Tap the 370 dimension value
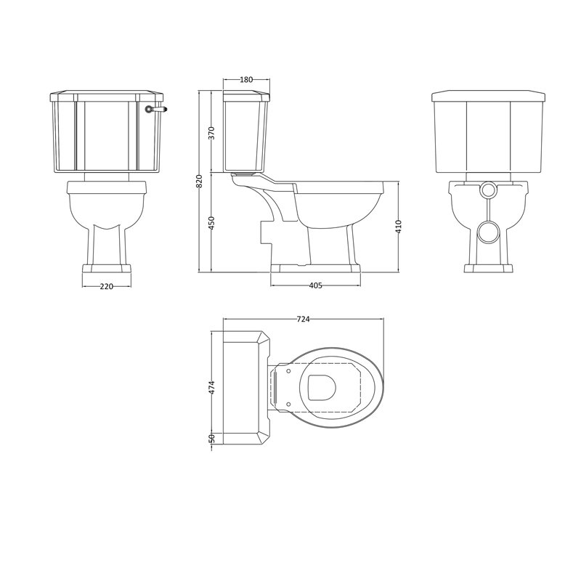[211, 133]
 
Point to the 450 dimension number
[211, 222]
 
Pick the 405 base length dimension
[315, 285]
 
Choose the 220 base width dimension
[106, 286]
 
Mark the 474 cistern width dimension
[211, 388]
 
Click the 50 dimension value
[211, 438]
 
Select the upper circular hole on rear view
[488, 190]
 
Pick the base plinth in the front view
[106, 271]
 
